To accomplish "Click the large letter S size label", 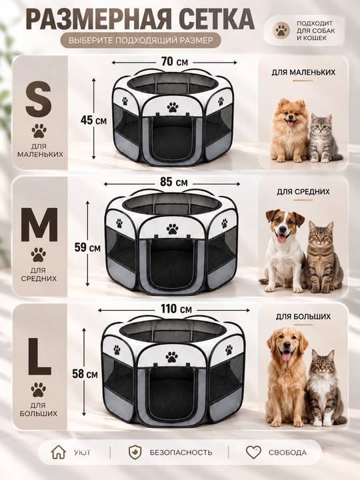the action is point(39,98).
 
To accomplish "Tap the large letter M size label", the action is point(39,225).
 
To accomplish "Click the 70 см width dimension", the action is point(175,62).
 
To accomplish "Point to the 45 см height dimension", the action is point(94,120).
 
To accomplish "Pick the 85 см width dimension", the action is point(173,183).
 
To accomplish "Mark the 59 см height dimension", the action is point(87,247).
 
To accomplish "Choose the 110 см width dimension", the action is point(176,309).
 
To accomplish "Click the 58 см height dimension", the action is point(85,373).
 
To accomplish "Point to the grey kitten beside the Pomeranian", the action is point(323,138).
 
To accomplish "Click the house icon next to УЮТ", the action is point(58,452).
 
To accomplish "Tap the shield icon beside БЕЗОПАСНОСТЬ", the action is point(135,453).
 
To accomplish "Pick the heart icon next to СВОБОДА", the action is point(253,452).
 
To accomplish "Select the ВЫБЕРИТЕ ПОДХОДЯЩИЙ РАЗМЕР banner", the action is point(141,40).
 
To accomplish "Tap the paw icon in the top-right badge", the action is point(282,30).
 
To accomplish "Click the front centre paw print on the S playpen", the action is point(173,107).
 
